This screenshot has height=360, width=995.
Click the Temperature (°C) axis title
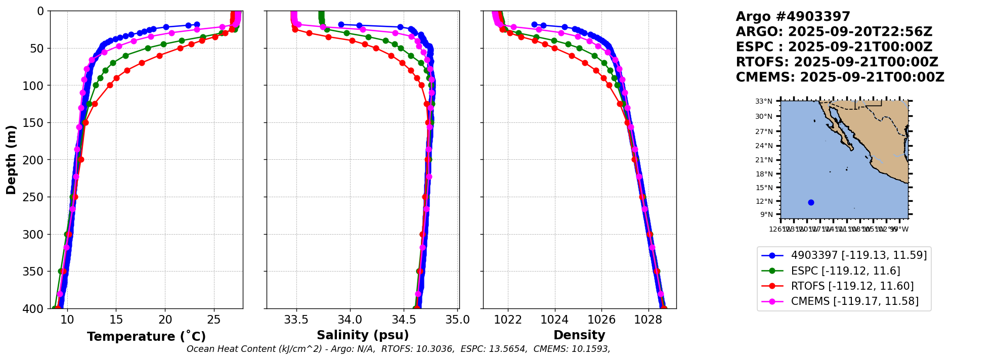point(146,337)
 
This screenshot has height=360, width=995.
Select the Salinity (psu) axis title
point(363,335)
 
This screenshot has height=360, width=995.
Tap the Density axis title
point(579,335)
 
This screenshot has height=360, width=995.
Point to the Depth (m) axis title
point(11,159)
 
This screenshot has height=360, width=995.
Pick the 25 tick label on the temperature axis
point(214,320)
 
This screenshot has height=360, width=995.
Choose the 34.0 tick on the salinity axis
point(350,320)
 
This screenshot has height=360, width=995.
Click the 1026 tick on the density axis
point(601,320)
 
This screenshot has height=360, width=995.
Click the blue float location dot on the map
point(811,202)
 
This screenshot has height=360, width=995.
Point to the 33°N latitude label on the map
point(764,102)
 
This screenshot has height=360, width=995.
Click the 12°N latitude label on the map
point(764,202)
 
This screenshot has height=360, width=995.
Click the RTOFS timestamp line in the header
point(837,62)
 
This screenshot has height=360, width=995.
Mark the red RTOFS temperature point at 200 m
point(81,159)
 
